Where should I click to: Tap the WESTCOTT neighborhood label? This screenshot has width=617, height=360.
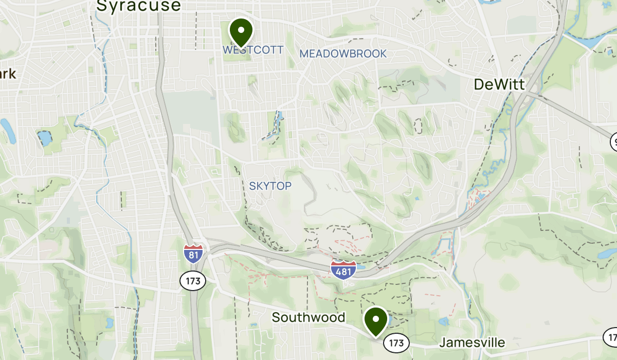pyautogui.click(x=253, y=50)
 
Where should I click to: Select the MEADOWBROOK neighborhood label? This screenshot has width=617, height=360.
pyautogui.click(x=343, y=53)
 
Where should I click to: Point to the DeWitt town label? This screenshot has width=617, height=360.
pyautogui.click(x=499, y=85)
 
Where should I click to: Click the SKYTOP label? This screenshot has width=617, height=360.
pyautogui.click(x=270, y=186)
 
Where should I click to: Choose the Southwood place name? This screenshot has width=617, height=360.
pyautogui.click(x=308, y=317)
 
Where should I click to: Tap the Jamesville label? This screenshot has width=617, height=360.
pyautogui.click(x=472, y=343)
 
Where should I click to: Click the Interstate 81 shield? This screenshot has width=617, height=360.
pyautogui.click(x=193, y=252)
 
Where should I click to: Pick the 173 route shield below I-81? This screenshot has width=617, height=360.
pyautogui.click(x=193, y=281)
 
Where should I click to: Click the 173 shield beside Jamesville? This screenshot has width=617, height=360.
pyautogui.click(x=396, y=343)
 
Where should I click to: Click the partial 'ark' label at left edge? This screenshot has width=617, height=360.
pyautogui.click(x=8, y=74)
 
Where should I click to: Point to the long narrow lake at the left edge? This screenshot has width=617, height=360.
pyautogui.click(x=7, y=131)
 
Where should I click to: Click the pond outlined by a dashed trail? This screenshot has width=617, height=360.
pyautogui.click(x=45, y=138)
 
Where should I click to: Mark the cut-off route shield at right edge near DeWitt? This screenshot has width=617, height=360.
pyautogui.click(x=613, y=141)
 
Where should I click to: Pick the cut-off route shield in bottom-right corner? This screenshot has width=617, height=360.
pyautogui.click(x=611, y=337)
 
